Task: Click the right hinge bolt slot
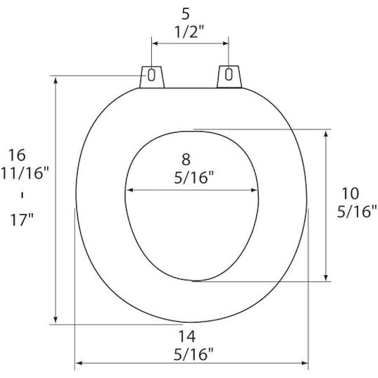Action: (229, 75)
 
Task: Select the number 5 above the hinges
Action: (186, 14)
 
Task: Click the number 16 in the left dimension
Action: (17, 155)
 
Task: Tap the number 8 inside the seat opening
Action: (186, 160)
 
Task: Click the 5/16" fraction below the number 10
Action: (357, 211)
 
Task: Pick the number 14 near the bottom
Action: (186, 337)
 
